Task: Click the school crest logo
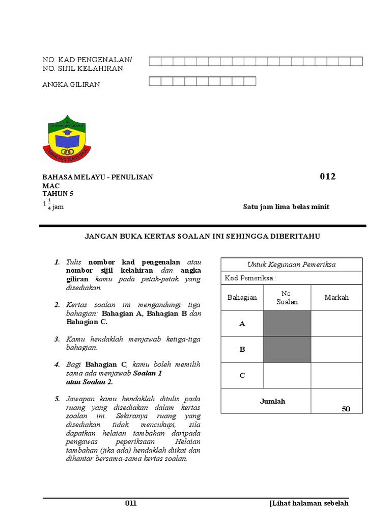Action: pos(66,139)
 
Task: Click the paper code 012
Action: pos(327,177)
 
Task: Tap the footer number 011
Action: pos(131,504)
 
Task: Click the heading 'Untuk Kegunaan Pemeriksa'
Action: pos(291,264)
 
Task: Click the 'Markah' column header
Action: pos(337,297)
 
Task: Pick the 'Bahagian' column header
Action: pos(242,297)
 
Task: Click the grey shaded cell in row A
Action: pos(287,324)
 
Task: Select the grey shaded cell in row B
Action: pos(287,350)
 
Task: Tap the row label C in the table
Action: pos(242,376)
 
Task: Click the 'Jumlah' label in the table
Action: pos(273,401)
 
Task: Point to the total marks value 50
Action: pos(346,409)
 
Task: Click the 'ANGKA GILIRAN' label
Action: pos(71,85)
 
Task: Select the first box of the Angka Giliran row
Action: pos(155,81)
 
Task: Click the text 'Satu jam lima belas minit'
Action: pos(287,206)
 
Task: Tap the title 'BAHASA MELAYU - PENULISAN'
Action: pos(97,177)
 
